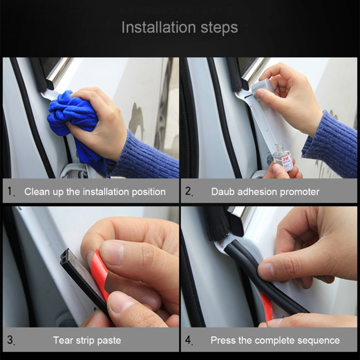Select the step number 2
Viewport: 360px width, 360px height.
[189, 192]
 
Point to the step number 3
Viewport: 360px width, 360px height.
[11, 341]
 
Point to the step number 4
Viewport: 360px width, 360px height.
[189, 341]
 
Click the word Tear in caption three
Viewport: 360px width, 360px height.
[63, 341]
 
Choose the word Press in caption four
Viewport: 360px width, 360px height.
[223, 341]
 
